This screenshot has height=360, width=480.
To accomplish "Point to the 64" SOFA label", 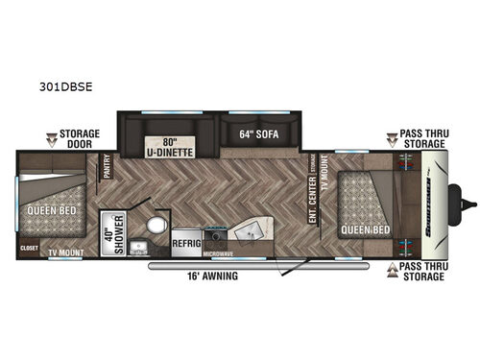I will coord(258,134).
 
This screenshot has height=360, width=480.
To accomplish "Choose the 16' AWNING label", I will coord(212,276).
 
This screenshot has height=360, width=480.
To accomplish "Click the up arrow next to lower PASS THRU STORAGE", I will coord(392,271).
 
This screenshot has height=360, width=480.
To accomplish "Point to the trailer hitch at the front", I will coord(468,202).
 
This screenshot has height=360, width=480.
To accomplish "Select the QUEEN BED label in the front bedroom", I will coord(367,229).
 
